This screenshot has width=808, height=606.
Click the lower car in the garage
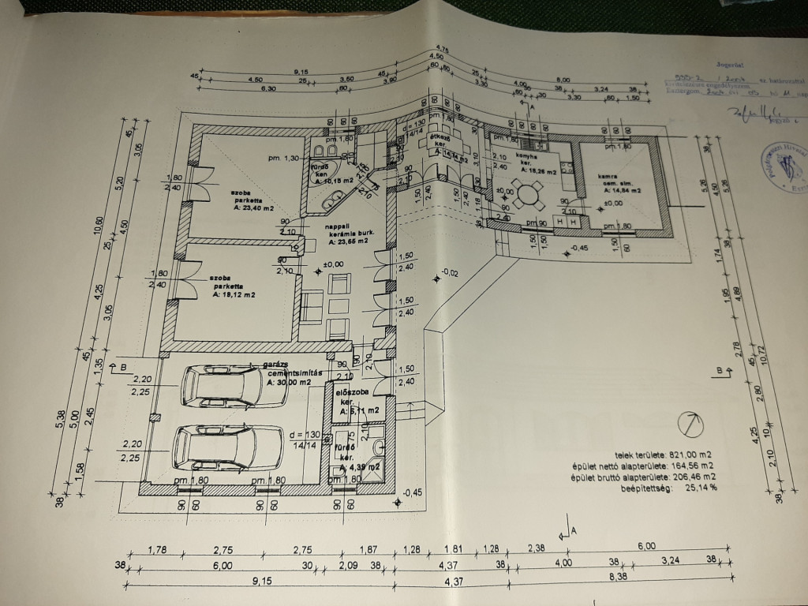coord(227,447)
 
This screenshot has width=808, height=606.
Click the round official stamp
coord(784,165)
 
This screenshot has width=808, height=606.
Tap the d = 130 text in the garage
coord(305,436)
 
